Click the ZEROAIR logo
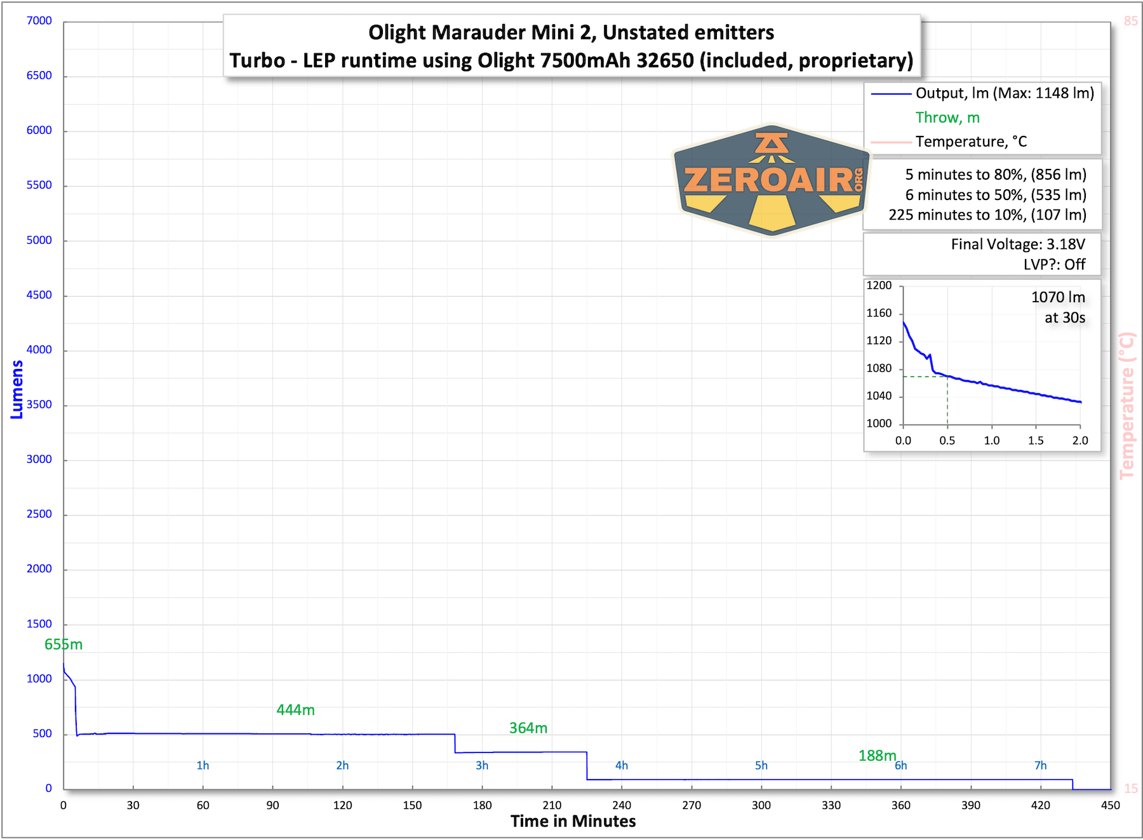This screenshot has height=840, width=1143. click(772, 180)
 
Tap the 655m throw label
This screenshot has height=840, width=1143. click(63, 644)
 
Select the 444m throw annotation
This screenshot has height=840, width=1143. click(295, 710)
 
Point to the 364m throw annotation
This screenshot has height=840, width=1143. click(528, 728)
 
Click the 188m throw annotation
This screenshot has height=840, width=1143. click(877, 756)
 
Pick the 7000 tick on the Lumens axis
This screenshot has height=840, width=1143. click(39, 21)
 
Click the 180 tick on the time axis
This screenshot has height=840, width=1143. click(482, 805)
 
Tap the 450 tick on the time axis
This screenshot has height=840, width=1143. click(1111, 805)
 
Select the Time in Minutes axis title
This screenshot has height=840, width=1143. click(573, 821)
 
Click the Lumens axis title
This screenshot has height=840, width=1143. click(17, 390)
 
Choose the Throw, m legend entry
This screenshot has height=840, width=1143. click(947, 117)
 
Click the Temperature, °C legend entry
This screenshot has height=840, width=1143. click(971, 142)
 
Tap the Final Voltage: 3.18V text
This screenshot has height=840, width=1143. click(1018, 244)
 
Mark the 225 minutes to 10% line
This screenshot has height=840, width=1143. click(987, 215)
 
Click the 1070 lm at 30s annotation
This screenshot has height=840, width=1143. click(1058, 307)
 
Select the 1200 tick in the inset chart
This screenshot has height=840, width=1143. click(879, 286)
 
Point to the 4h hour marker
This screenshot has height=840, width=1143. click(622, 765)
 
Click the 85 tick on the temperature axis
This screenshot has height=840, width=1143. click(1131, 21)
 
